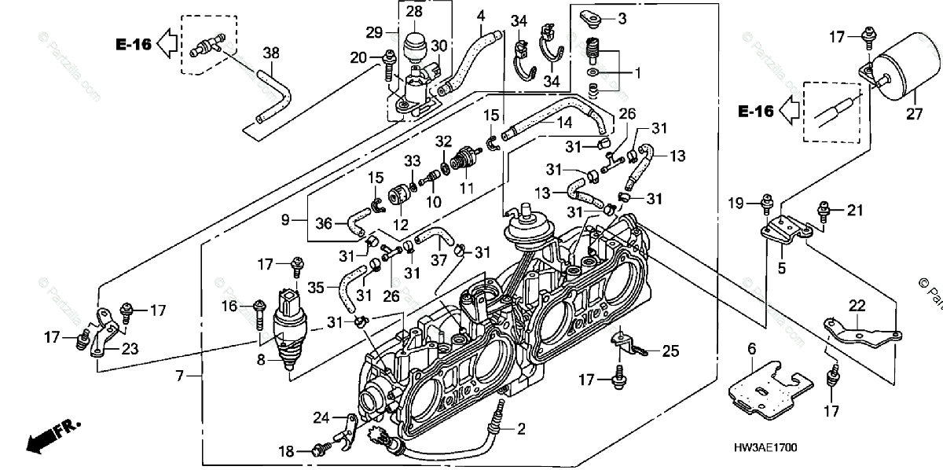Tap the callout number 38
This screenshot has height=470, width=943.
point(271,53)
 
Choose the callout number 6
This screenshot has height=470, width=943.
point(751,349)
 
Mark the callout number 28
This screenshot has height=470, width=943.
point(414,12)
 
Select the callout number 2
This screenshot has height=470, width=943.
point(521,428)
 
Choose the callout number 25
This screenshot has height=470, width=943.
point(670,351)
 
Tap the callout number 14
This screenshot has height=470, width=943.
point(542,123)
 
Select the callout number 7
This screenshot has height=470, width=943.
point(180,376)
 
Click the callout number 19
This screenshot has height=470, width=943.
point(736,204)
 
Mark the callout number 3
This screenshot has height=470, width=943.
point(622,18)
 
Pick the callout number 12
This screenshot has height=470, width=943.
point(402,224)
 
